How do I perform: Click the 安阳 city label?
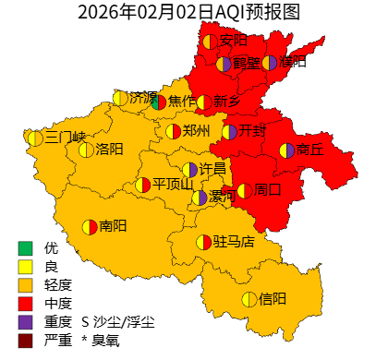[x=234, y=41]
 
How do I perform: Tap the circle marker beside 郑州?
[x=173, y=131]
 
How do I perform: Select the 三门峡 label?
[x=65, y=138]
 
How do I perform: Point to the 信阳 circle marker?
[x=249, y=299]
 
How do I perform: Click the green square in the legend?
[x=25, y=248]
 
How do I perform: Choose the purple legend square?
[x=25, y=322]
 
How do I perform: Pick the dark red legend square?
[x=25, y=341]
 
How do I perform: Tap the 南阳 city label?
[x=113, y=226]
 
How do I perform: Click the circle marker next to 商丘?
[x=286, y=150]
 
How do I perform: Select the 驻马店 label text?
[x=234, y=242]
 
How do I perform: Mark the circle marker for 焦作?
[x=158, y=102]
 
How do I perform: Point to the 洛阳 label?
[x=109, y=150]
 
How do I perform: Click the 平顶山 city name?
[x=173, y=185]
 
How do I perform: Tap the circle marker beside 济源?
[x=120, y=98]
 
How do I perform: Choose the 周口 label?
[x=268, y=190]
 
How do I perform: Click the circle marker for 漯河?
[x=200, y=198]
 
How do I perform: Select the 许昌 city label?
[x=213, y=169]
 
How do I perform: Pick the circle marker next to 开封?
[x=229, y=132]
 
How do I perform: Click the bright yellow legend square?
[x=25, y=267]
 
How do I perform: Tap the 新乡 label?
[x=227, y=102]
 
